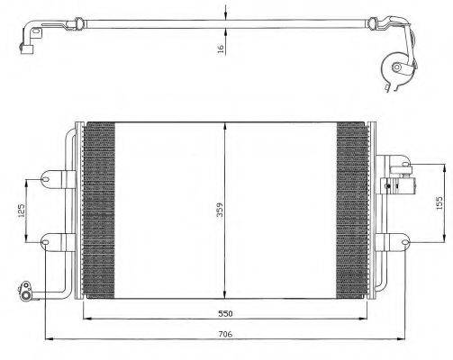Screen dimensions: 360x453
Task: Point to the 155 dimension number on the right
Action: [439, 202]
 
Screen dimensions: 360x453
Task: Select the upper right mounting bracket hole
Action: [400, 165]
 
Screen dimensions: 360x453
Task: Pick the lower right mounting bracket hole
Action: [399, 239]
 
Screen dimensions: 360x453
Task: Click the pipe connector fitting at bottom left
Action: [28, 290]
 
